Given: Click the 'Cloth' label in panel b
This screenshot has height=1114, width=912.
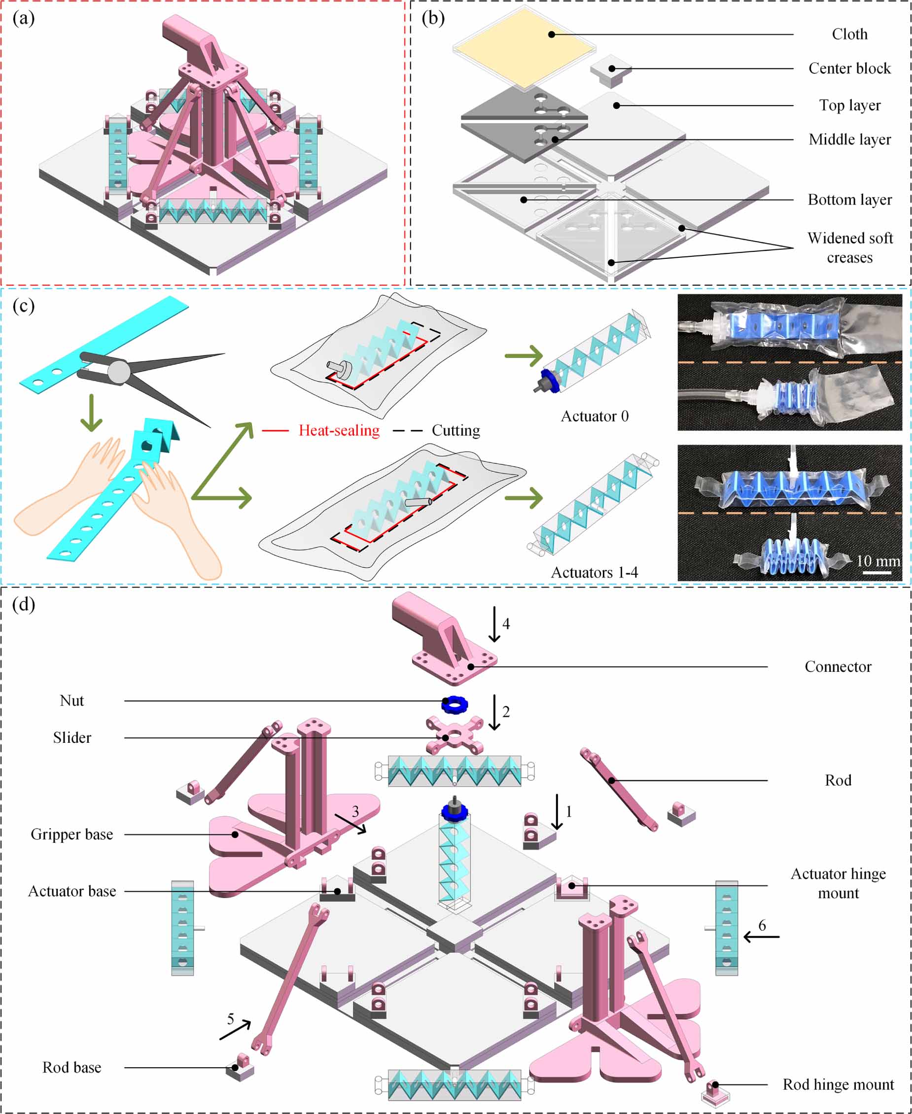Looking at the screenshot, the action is click(849, 34).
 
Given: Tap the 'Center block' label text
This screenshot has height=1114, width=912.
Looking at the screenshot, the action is click(849, 69).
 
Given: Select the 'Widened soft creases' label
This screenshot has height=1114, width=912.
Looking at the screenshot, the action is click(850, 248).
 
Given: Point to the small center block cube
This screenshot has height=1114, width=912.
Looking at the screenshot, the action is click(610, 70).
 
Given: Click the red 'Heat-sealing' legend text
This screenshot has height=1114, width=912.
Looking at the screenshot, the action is click(339, 431).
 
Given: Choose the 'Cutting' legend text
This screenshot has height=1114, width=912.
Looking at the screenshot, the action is click(456, 431).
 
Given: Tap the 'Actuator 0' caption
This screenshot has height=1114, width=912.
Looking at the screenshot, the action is click(595, 417).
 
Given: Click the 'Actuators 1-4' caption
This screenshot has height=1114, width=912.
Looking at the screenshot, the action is click(594, 572).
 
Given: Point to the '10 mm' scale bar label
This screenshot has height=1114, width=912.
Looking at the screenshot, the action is click(878, 560).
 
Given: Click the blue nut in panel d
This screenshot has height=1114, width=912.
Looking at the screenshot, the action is click(455, 704).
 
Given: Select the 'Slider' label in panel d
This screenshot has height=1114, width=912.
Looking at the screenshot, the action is click(72, 738).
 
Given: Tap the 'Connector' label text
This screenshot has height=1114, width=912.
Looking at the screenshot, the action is click(838, 667).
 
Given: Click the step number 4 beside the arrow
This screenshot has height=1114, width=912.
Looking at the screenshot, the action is click(506, 624).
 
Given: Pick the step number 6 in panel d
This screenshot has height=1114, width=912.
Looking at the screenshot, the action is click(762, 925).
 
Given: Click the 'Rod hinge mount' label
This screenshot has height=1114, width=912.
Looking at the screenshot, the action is click(838, 1084).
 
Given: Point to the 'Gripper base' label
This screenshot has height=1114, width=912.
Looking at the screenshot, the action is click(72, 835).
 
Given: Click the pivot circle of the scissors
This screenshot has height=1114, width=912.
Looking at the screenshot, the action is click(119, 372).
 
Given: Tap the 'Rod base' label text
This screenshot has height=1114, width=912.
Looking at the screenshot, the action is click(72, 1068).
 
